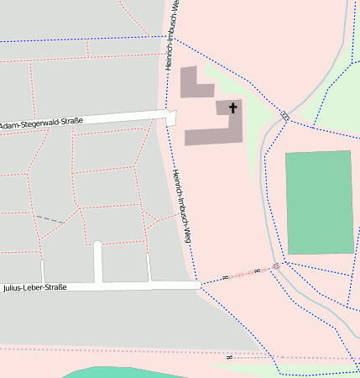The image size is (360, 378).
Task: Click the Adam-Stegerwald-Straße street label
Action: tap(41, 125)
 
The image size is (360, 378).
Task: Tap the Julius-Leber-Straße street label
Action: tap(34, 287)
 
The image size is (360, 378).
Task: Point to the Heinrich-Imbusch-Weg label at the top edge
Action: tap(172, 34)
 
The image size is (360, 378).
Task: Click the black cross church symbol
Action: tap(232, 108)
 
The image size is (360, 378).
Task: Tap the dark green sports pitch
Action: tap(319, 202)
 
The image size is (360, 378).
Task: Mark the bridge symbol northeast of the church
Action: tap(285, 115)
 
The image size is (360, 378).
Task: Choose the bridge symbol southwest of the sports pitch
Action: tap(275, 266)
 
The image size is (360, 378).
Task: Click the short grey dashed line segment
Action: tap(50, 218)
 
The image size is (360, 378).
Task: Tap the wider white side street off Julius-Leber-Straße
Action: tap(97, 263)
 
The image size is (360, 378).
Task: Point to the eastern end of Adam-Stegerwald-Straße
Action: tap(171, 117)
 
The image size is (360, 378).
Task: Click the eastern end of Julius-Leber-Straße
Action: tap(198, 286)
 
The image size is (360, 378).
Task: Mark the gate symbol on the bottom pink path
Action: tap(229, 357)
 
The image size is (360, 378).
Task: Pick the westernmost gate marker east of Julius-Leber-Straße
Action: tap(225, 277)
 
